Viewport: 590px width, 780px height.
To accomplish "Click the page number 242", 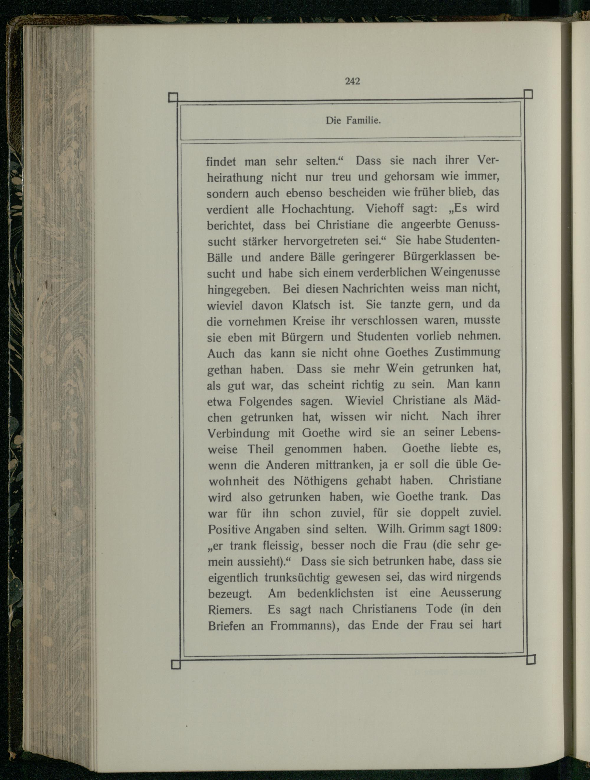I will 352,81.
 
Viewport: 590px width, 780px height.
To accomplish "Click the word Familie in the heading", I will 363,121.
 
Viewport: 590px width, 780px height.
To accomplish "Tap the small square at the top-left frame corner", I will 173,97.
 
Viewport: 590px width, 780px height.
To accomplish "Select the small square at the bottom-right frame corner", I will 531,659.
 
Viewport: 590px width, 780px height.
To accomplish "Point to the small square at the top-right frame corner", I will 528,94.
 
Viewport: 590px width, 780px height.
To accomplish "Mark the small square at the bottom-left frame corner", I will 176,664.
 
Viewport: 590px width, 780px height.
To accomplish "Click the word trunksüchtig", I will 297,577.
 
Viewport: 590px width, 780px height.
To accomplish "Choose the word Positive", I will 229,529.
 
